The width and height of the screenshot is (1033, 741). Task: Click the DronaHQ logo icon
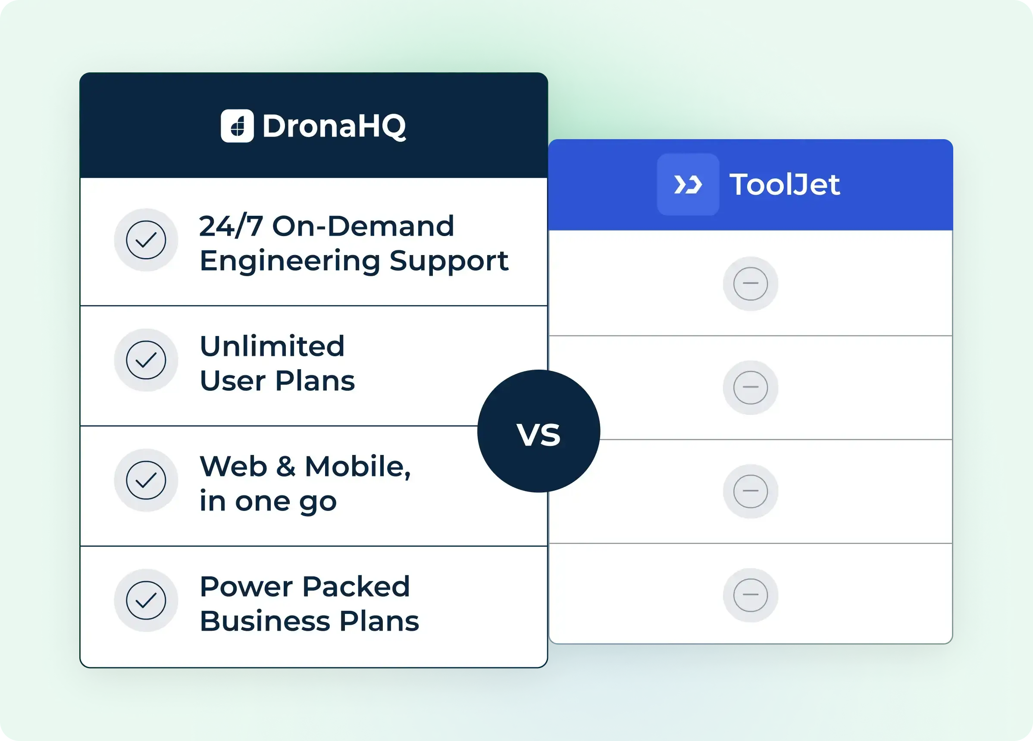237,126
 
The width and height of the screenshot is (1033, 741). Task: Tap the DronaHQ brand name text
334,126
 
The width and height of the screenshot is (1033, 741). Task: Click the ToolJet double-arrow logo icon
688,184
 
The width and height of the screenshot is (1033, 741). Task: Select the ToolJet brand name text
785,184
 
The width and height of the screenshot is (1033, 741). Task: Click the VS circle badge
539,431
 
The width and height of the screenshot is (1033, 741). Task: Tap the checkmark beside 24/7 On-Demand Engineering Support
146,240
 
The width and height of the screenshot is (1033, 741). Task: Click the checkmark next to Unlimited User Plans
146,360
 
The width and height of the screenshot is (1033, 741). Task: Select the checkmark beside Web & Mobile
146,480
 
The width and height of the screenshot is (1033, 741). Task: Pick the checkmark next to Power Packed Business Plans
146,601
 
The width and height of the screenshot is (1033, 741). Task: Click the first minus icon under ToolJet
751,283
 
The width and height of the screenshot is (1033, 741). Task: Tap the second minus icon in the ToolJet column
751,387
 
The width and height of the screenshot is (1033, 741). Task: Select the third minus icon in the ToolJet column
751,491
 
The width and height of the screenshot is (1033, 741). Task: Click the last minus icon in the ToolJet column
751,595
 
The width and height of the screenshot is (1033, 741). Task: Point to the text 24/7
231,226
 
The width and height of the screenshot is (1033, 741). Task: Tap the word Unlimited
272,346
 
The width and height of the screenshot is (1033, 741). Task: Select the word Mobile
358,467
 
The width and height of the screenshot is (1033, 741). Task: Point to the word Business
265,621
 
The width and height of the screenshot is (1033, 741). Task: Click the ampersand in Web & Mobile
285,466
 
